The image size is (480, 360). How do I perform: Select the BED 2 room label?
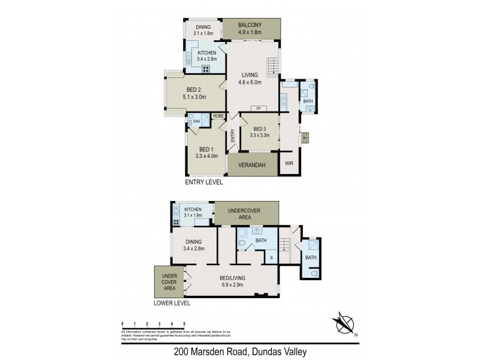[x=194, y=93]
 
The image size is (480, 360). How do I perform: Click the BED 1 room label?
[x=206, y=152]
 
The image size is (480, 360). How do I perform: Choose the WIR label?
[x=289, y=163]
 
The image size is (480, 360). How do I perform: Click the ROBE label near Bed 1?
[x=218, y=116]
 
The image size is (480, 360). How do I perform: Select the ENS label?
[x=196, y=122]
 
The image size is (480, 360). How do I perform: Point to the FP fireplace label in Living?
[x=259, y=109]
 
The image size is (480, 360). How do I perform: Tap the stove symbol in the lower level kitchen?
[x=176, y=222]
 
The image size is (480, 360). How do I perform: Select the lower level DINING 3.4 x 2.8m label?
[x=193, y=245]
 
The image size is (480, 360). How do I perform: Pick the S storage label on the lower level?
[x=271, y=258]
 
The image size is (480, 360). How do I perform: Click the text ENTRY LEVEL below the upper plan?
[x=203, y=182]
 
